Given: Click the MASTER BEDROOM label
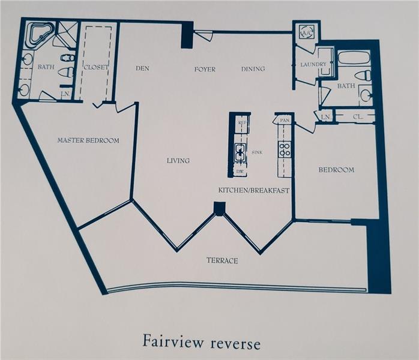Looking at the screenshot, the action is (x=88, y=140).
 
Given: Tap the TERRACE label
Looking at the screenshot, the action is (x=222, y=260).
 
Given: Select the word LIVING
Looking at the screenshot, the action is (x=178, y=161).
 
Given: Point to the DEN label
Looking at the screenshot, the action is (x=142, y=68).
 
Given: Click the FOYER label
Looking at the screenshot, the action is (x=205, y=70).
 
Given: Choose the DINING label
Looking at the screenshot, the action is (x=253, y=69).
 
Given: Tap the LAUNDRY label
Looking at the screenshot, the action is (x=313, y=64).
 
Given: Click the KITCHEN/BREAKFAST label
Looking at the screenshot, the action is (x=254, y=190).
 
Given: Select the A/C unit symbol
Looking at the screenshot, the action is (x=307, y=32).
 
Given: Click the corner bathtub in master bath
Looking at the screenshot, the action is (x=41, y=36).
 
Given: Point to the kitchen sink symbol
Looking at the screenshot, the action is (x=240, y=152).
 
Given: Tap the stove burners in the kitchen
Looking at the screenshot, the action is (x=285, y=149).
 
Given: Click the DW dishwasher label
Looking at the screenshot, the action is (x=240, y=172).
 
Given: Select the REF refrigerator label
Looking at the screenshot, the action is (x=242, y=122).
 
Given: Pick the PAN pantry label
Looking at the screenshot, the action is (x=285, y=121).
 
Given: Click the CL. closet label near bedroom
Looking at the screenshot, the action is (x=358, y=117).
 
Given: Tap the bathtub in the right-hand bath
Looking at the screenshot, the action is (x=354, y=58).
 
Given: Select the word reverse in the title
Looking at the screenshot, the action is (x=235, y=344).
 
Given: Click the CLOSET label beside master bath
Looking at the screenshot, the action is (x=96, y=67).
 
